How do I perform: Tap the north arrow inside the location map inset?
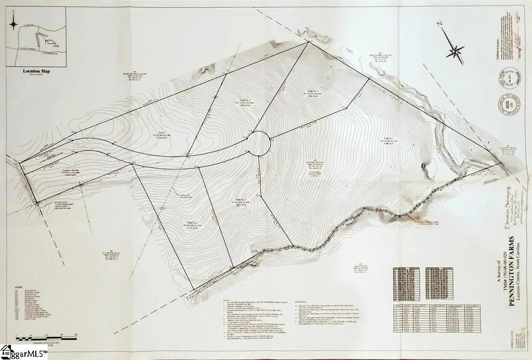coord(15,23)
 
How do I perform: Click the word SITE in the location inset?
coord(51,46)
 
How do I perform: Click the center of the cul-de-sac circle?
coord(258,143)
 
